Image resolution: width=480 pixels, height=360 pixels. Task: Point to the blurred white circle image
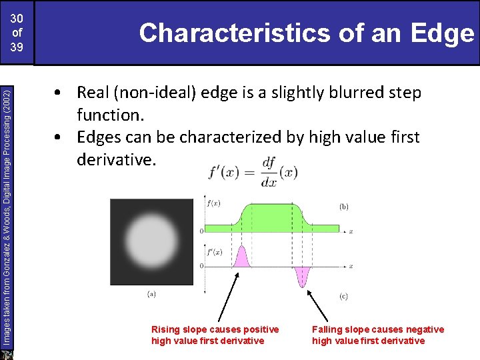pyautogui.click(x=151, y=242)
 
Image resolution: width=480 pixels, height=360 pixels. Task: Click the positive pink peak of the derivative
pyautogui.click(x=241, y=256)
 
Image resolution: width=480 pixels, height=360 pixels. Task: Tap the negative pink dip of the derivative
pyautogui.click(x=304, y=276)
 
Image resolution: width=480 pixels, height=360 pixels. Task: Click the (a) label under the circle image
pyautogui.click(x=152, y=293)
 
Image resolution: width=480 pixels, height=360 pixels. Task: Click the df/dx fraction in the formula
pyautogui.click(x=269, y=172)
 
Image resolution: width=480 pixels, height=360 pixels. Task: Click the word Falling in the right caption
pyautogui.click(x=328, y=329)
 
